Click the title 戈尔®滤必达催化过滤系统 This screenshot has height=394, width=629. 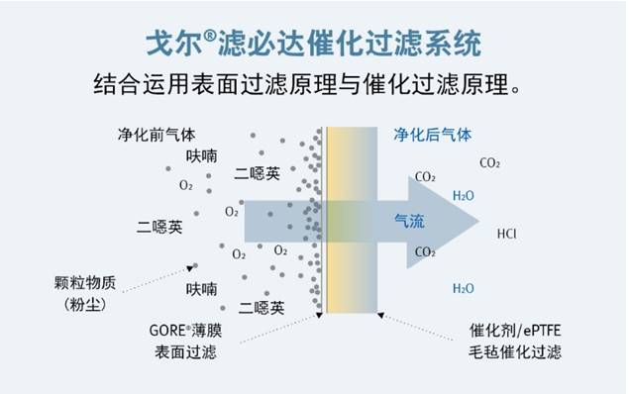pos(314,43)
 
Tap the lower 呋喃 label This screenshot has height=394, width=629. pos(201,289)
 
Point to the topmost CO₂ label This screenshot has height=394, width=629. pos(489,162)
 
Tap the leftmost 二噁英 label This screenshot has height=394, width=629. pos(159,227)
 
